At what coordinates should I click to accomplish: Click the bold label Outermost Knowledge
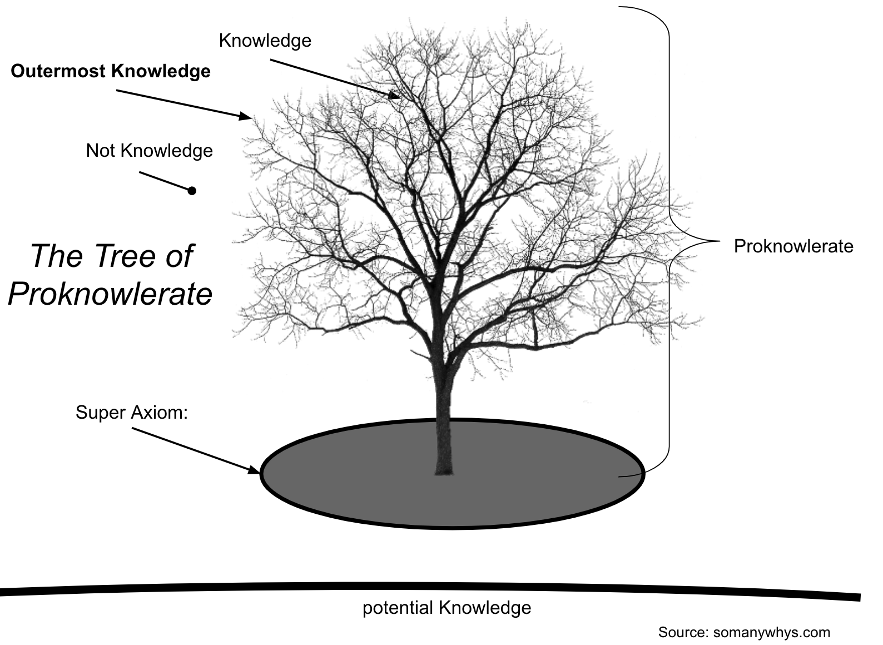(x=111, y=71)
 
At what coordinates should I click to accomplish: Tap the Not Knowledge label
(x=149, y=151)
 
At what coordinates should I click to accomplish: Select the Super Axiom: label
(x=132, y=412)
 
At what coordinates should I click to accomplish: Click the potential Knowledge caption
(x=447, y=607)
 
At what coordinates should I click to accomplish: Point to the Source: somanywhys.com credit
(x=743, y=632)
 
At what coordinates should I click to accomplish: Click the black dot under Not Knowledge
(x=192, y=191)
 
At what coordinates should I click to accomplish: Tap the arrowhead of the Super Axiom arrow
(x=255, y=471)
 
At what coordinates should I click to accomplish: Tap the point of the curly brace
(x=717, y=241)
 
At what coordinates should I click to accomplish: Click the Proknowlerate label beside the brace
(x=793, y=246)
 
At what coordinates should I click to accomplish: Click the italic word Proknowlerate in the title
(x=110, y=293)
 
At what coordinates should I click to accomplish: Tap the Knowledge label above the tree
(x=265, y=41)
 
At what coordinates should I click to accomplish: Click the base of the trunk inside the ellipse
(x=443, y=464)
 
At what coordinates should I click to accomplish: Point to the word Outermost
(x=58, y=71)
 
